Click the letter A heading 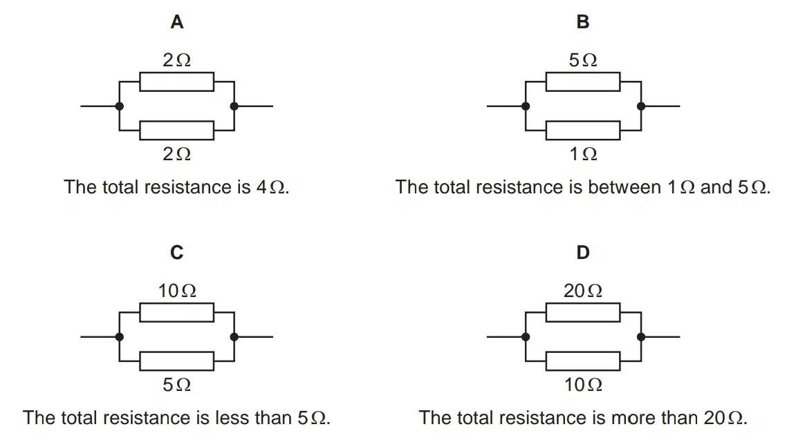click(x=176, y=22)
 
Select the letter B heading click(x=583, y=22)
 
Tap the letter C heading click(x=176, y=252)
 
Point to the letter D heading click(x=583, y=252)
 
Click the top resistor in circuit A click(x=176, y=82)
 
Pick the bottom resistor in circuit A click(x=176, y=131)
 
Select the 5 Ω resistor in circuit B click(x=583, y=82)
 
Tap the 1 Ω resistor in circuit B click(x=583, y=131)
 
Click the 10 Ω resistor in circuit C click(x=176, y=312)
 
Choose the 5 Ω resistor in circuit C click(x=176, y=361)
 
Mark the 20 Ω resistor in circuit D click(x=583, y=312)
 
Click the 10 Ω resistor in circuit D click(x=583, y=361)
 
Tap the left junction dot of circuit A click(x=120, y=106)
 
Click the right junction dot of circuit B click(x=641, y=106)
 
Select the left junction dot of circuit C click(x=120, y=336)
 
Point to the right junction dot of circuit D click(x=641, y=336)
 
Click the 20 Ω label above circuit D click(x=583, y=291)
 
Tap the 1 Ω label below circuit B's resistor click(x=583, y=153)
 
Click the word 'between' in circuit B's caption click(x=624, y=187)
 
